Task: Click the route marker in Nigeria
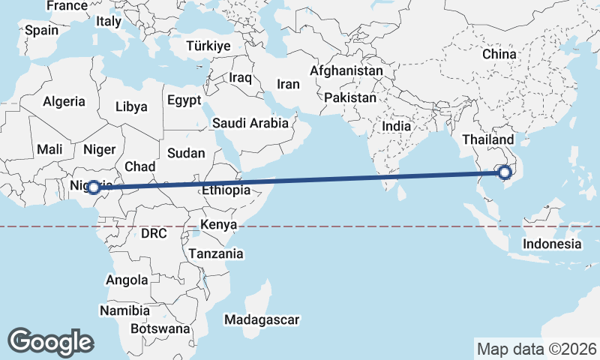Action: pos(94,187)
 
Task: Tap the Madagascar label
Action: pos(262,319)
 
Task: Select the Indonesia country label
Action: pos(552,244)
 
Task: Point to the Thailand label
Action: pos(488,139)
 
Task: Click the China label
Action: pos(499,54)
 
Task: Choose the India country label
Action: pos(396,126)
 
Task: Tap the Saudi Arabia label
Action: pos(250,123)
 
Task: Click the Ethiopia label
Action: pos(226,190)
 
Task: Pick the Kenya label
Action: pos(219,224)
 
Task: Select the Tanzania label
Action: pos(216,253)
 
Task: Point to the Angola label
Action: pos(127,280)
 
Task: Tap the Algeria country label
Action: pos(64,101)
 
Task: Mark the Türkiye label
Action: pos(208,46)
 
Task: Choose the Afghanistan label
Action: pos(346,71)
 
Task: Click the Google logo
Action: pos(50,341)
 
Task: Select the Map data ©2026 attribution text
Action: pos(536,349)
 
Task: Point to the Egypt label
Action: pos(184,100)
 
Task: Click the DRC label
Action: pos(154,233)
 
